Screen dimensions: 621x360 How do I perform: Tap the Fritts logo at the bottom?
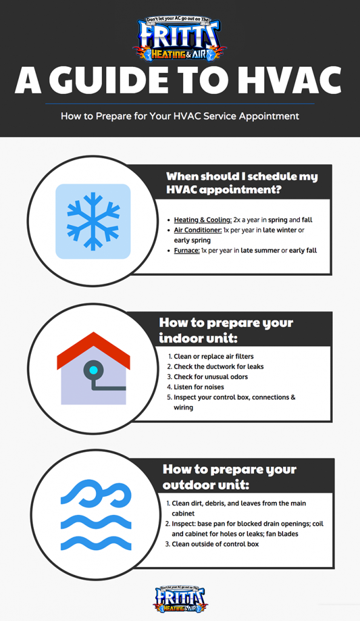click(x=180, y=599)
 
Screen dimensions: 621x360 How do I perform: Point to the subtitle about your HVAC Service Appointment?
click(x=180, y=116)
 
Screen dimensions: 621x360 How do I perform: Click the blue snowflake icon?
click(x=93, y=221)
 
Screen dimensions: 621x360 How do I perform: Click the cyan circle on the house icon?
click(x=93, y=369)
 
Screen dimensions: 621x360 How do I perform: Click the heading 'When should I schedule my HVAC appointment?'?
click(x=242, y=183)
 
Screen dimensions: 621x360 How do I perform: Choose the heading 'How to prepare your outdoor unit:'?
click(x=229, y=477)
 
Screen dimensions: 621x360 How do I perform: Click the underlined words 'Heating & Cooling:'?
click(x=202, y=220)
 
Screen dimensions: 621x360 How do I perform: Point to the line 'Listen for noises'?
click(x=199, y=387)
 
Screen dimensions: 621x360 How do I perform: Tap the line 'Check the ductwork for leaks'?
click(x=219, y=366)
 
